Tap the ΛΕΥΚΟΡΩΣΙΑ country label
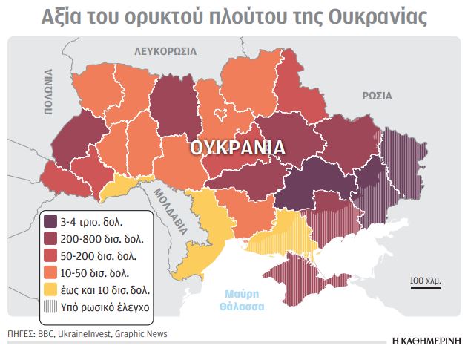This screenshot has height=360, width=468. tap(165, 51)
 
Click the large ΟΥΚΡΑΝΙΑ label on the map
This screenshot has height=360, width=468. tap(237, 147)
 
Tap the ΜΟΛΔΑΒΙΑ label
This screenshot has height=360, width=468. tap(164, 211)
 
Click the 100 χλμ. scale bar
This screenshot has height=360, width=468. tap(426, 283)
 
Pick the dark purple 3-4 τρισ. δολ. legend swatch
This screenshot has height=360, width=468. tap(50, 222)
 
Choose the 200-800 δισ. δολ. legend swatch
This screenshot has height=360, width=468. tap(50, 239)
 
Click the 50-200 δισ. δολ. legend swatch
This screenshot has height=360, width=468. tap(50, 256)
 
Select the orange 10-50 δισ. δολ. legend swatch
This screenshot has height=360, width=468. tap(50, 273)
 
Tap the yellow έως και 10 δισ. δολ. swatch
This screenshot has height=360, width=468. tap(50, 289)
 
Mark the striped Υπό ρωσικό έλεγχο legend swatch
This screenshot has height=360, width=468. tap(50, 306)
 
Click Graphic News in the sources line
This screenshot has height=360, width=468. tap(141, 335)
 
